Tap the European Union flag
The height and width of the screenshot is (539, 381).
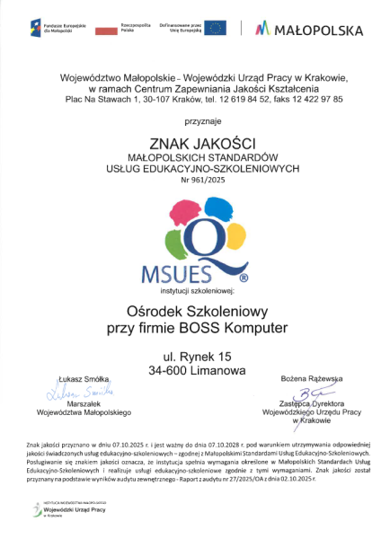tap(216, 28)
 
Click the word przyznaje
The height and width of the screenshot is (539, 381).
tap(190, 120)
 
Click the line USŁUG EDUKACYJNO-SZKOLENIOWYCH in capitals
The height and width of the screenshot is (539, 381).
tap(190, 166)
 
